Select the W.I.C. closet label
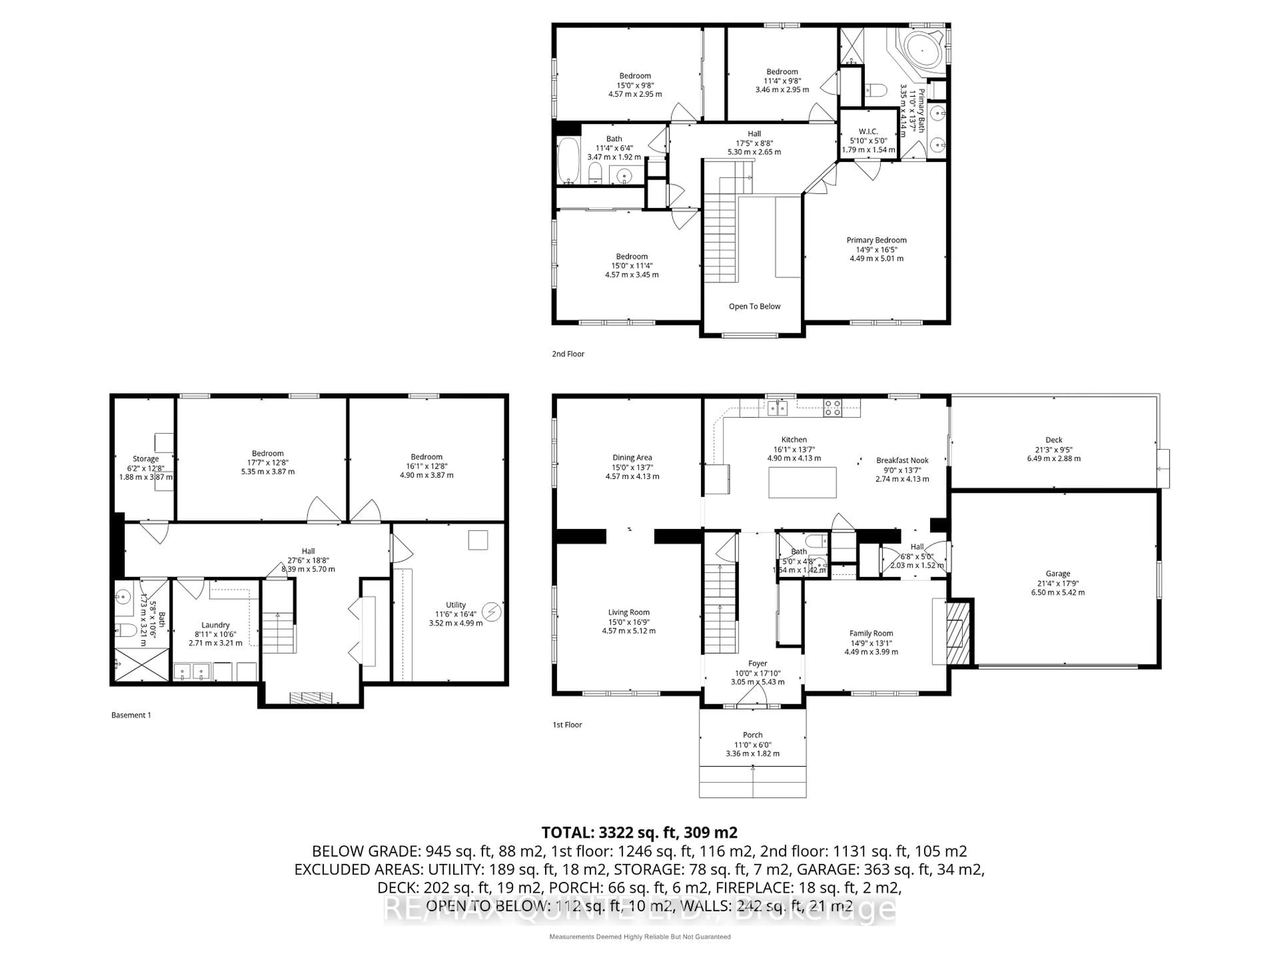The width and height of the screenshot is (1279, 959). pyautogui.click(x=868, y=131)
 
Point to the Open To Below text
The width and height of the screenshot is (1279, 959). pyautogui.click(x=754, y=306)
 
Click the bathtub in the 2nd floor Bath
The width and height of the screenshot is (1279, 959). pyautogui.click(x=568, y=160)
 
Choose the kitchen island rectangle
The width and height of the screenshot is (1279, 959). pyautogui.click(x=802, y=482)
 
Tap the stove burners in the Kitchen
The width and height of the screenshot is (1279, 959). pyautogui.click(x=833, y=408)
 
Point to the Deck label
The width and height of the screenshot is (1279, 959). pyautogui.click(x=1054, y=440)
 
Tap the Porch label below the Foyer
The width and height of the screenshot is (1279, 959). pyautogui.click(x=752, y=735)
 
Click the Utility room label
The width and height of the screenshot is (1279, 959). pyautogui.click(x=456, y=605)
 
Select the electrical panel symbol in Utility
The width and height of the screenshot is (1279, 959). pyautogui.click(x=492, y=612)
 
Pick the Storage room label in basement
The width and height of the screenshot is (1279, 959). pyautogui.click(x=145, y=459)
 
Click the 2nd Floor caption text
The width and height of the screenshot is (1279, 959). pyautogui.click(x=568, y=354)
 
